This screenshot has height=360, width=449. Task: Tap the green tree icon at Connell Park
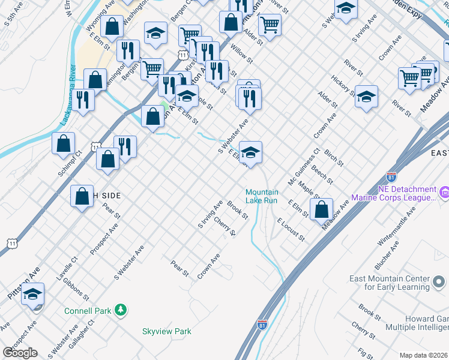(121, 310)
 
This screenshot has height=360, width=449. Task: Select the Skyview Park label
(166, 331)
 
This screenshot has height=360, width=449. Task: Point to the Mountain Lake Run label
(262, 196)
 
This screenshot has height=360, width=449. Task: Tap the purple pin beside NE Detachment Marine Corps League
(444, 193)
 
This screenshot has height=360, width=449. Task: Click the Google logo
(20, 353)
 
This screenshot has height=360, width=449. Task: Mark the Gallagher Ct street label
(86, 333)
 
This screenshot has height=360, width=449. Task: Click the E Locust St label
(291, 230)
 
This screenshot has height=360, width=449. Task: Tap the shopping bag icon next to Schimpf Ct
(63, 143)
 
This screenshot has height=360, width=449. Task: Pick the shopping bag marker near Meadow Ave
(322, 209)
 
